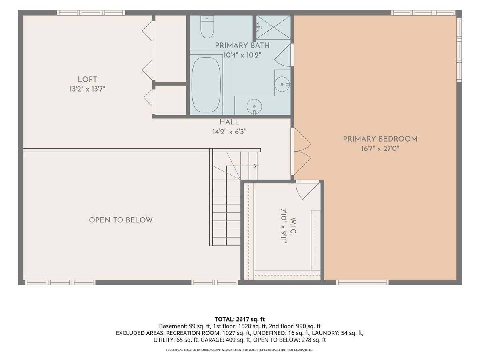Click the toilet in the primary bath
(207, 27)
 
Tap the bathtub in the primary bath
(206, 85)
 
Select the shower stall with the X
(273, 27)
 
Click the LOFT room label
(87, 79)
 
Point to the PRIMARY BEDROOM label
(380, 139)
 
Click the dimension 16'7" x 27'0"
(380, 149)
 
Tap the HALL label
(229, 122)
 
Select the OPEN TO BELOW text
(121, 220)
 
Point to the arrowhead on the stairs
(255, 166)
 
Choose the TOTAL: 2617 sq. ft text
(240, 319)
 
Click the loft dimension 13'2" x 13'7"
(87, 89)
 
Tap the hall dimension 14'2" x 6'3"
(229, 132)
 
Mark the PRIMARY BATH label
(242, 46)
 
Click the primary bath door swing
(282, 55)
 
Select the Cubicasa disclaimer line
(240, 350)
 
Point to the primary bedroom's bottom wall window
(362, 282)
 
